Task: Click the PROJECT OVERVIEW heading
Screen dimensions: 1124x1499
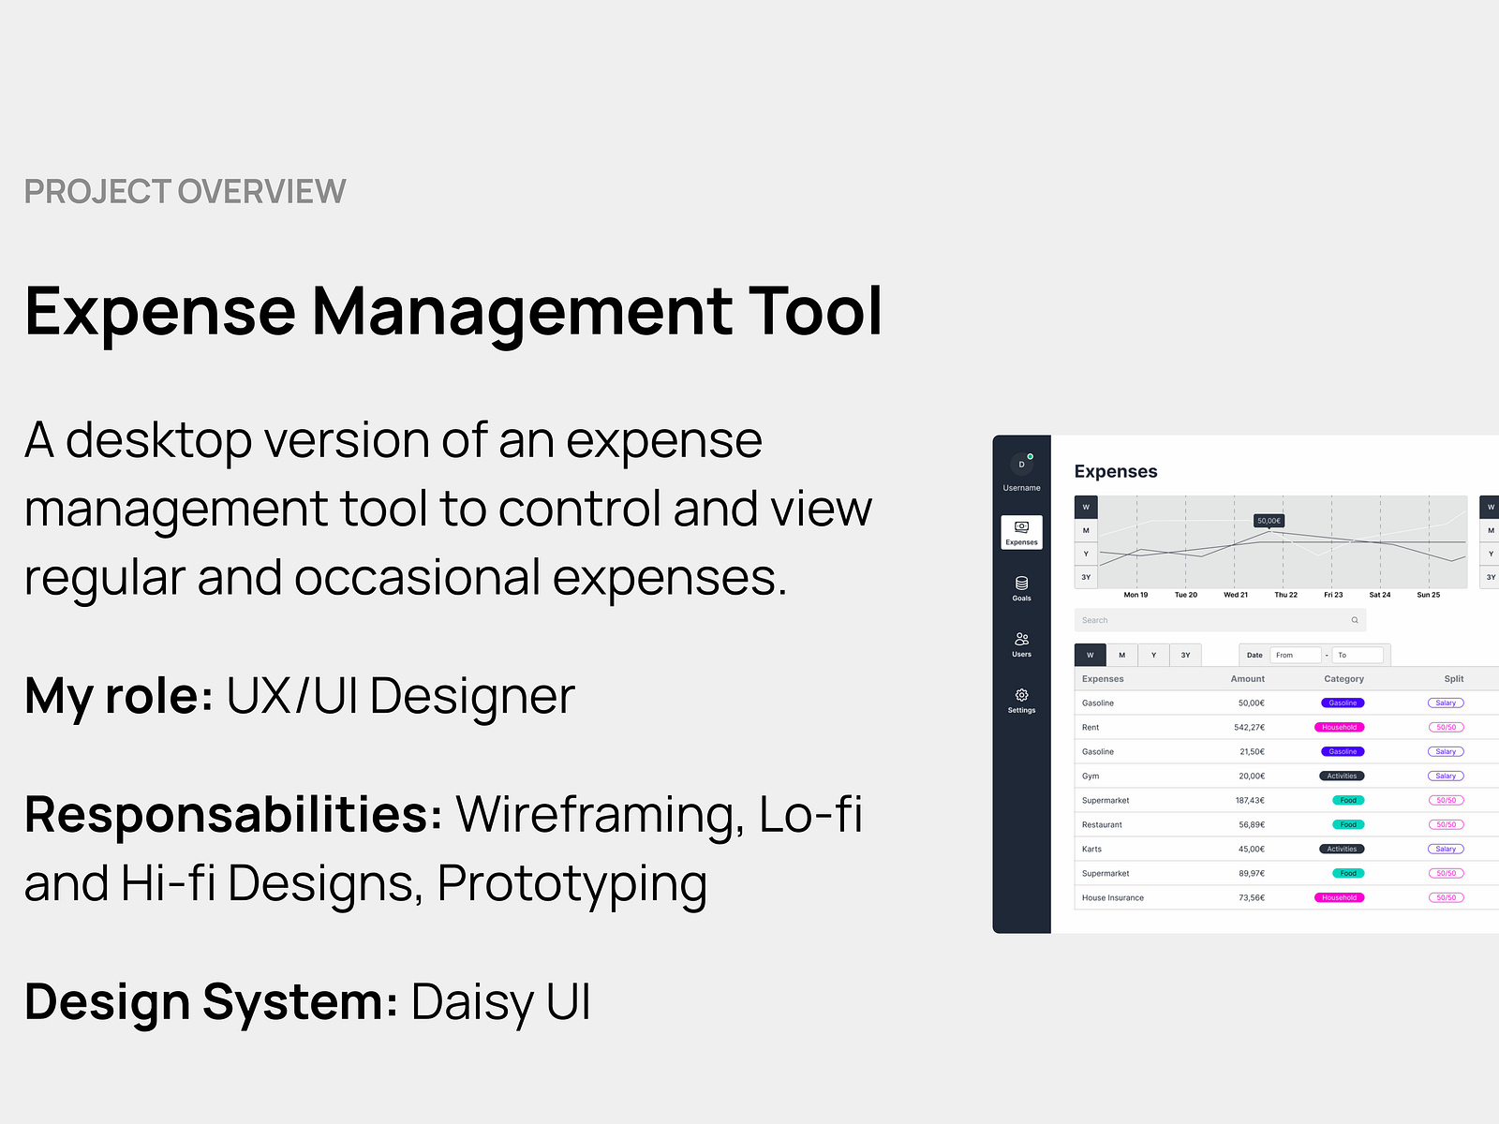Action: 185,191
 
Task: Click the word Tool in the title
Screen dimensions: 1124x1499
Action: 814,312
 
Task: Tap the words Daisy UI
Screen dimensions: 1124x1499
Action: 500,1002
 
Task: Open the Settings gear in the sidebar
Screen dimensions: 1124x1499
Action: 1021,695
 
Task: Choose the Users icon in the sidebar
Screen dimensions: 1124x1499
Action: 1021,640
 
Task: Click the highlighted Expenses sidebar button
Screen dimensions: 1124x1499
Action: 1021,532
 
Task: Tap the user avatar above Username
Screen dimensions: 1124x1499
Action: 1021,465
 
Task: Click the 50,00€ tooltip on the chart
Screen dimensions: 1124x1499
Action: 1269,521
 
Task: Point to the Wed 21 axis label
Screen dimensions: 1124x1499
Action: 1236,595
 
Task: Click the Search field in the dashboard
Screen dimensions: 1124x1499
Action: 1218,620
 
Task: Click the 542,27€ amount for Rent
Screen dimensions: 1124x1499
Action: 1249,727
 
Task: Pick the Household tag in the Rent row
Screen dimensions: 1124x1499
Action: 1339,727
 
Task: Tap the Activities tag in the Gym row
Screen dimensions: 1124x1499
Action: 1342,776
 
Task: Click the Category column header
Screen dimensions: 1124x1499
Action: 1343,678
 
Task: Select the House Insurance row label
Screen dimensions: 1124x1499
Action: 1112,897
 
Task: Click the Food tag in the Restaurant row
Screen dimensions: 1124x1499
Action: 1347,824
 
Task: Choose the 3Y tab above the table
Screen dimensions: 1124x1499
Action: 1185,655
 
